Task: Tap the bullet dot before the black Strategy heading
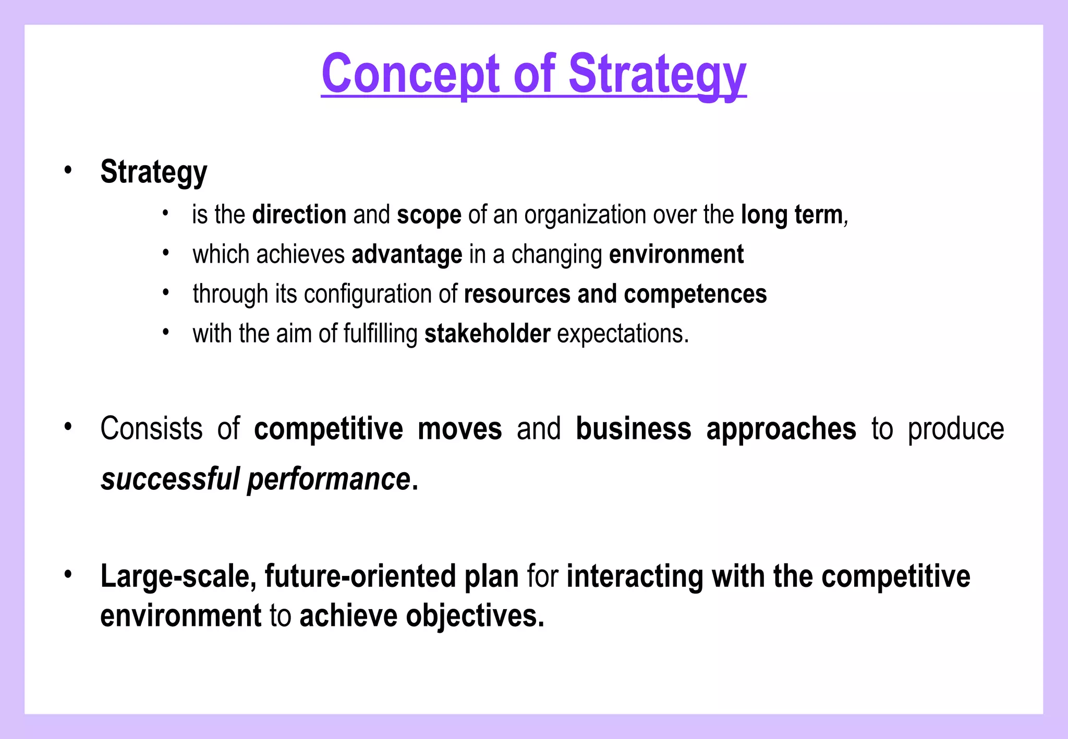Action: [68, 170]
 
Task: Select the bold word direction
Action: [299, 215]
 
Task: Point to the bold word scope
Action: [429, 215]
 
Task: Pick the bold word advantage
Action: [407, 254]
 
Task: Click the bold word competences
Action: [695, 294]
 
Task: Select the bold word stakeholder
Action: [487, 334]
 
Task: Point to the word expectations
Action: [623, 334]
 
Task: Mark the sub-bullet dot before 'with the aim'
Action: [165, 332]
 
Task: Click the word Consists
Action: [151, 429]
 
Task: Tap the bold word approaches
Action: [781, 429]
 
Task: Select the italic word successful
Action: [170, 479]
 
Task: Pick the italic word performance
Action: [328, 480]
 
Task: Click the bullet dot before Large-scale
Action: [68, 575]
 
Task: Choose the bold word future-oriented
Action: [360, 576]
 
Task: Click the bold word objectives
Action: [475, 616]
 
